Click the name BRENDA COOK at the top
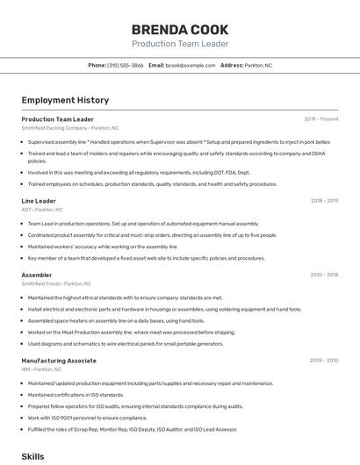(180, 29)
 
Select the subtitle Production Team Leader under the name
(180, 44)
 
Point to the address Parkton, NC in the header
(258, 65)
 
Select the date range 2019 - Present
(320, 118)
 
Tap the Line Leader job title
(39, 201)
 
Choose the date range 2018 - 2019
(324, 201)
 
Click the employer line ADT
(41, 211)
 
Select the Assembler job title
(36, 275)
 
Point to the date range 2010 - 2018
(324, 275)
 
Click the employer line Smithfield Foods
(56, 284)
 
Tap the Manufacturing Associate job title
(59, 360)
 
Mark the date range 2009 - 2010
(324, 360)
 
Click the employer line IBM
(43, 369)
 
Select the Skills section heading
(32, 456)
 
